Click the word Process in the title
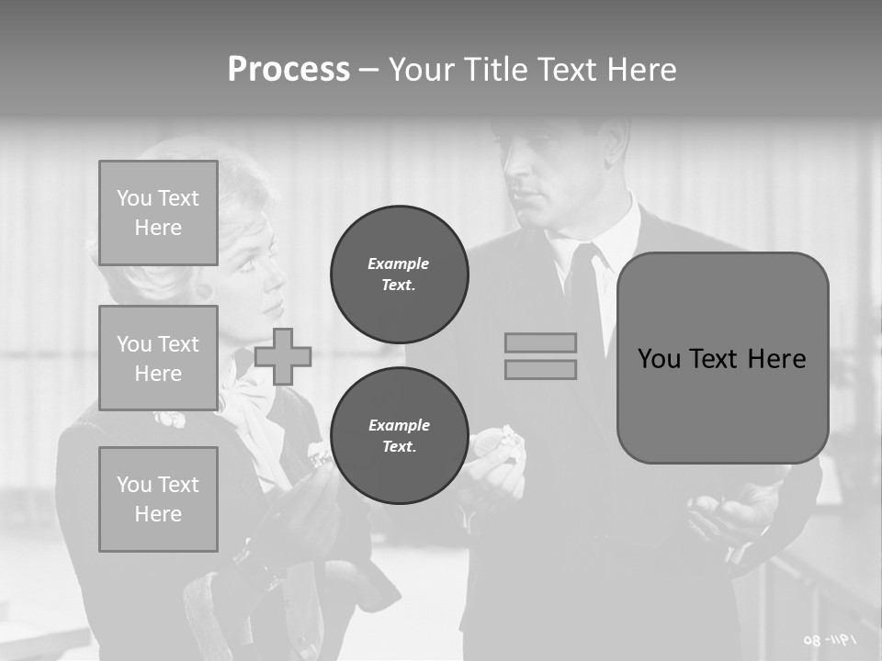[x=288, y=70]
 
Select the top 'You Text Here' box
[x=158, y=213]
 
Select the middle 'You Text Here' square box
[x=158, y=358]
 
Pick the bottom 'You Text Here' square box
[x=158, y=499]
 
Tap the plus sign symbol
[x=283, y=356]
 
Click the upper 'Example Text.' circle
[x=400, y=274]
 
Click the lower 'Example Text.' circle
[x=400, y=436]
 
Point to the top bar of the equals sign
[x=541, y=343]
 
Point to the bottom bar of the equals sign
[x=541, y=369]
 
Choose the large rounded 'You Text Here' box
[x=722, y=358]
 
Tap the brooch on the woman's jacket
[x=169, y=420]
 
